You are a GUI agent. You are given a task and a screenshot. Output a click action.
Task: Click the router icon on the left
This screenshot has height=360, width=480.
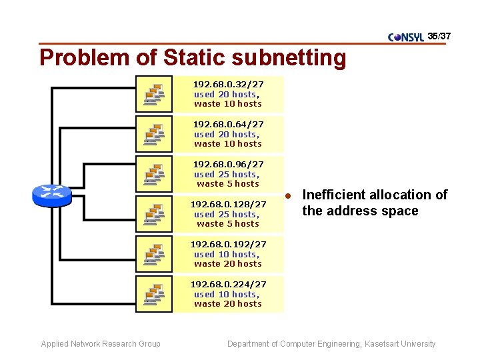(51, 195)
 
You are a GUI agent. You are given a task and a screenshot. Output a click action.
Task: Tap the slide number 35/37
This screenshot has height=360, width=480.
(439, 35)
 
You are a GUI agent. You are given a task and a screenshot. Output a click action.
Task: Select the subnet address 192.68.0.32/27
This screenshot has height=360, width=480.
(228, 85)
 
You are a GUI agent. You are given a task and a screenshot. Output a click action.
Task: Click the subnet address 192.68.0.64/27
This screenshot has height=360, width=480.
(228, 125)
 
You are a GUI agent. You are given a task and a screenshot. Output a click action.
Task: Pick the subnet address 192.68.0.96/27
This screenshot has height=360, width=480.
(228, 165)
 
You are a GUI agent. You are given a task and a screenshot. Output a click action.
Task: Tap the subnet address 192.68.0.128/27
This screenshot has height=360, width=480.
(228, 205)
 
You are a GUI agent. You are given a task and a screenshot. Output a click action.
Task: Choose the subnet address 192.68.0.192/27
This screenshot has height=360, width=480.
(228, 245)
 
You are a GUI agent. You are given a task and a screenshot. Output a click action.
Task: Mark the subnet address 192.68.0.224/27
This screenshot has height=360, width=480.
(228, 285)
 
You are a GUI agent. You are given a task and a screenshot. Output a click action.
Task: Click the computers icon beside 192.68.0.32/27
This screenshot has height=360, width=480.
(154, 94)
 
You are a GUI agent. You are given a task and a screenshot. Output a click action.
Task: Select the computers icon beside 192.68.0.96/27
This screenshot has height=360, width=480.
(154, 174)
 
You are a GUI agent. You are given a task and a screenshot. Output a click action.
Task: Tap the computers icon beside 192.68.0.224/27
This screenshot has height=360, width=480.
(154, 294)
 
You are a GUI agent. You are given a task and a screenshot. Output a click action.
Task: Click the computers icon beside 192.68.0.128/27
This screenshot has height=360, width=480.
(154, 214)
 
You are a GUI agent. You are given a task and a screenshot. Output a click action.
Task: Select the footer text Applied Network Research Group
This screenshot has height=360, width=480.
(101, 344)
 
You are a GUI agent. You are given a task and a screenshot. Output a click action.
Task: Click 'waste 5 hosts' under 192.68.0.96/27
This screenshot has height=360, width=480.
(228, 184)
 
